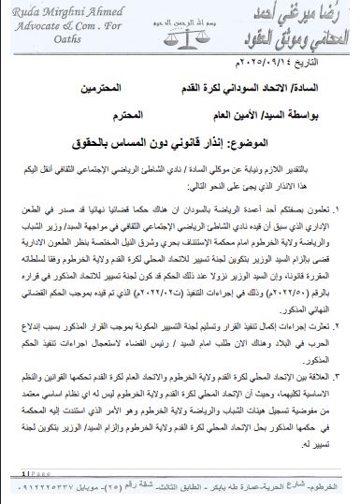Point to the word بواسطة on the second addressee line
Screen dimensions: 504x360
coord(317,114)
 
